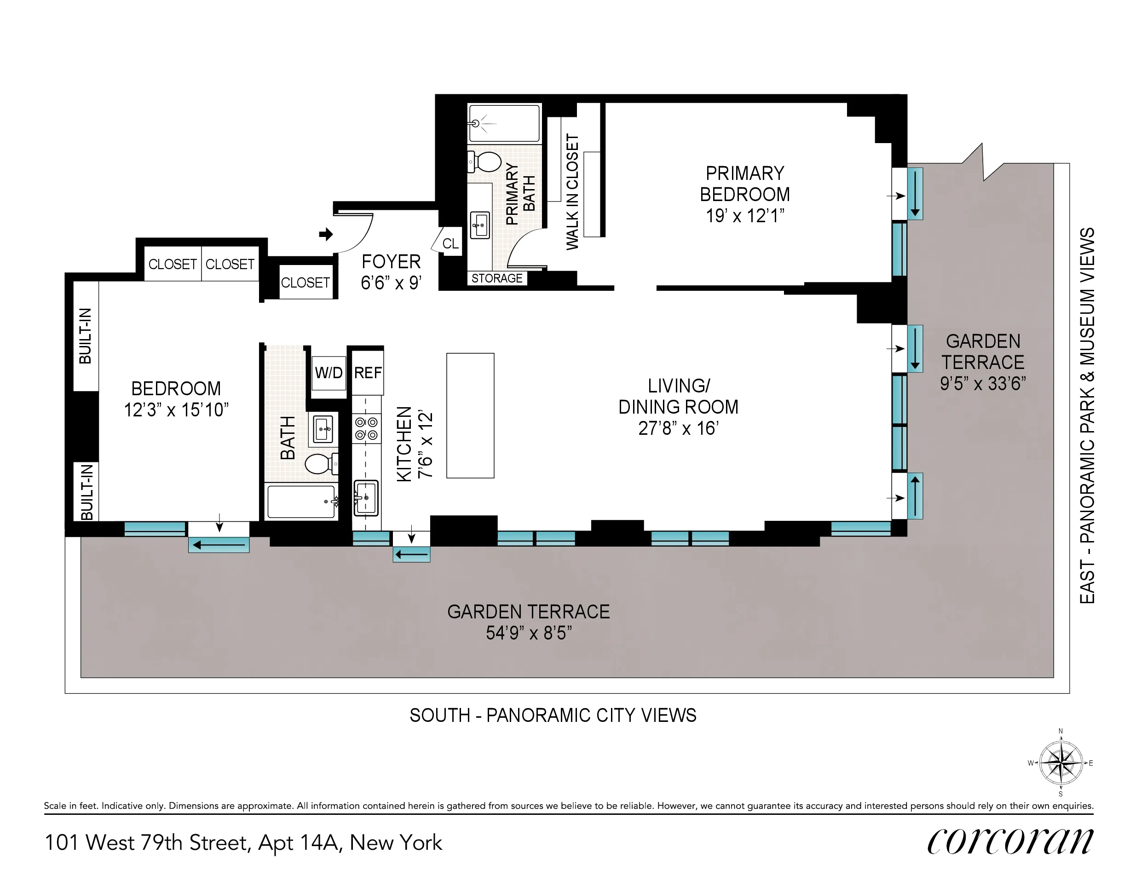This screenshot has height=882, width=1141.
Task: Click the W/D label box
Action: click(x=328, y=373)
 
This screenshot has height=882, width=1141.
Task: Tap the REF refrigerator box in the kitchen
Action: click(x=368, y=373)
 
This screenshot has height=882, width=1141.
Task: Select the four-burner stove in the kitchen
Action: click(x=366, y=428)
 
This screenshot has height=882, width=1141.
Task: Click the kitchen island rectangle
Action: click(x=470, y=415)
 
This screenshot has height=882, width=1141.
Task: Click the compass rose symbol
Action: click(x=1060, y=763)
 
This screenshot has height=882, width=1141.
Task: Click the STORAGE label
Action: click(x=497, y=278)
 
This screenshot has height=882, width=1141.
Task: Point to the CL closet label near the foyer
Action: click(x=450, y=244)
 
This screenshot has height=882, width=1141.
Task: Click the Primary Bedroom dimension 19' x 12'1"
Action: click(x=745, y=216)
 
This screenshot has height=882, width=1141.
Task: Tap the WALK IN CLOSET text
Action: click(x=573, y=192)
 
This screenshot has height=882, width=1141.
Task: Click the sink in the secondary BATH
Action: click(x=323, y=429)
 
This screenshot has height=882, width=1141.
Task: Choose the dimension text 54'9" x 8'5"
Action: click(x=529, y=633)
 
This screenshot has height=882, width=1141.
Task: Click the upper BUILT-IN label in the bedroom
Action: click(x=85, y=336)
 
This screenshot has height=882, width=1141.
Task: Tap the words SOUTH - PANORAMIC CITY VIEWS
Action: click(x=553, y=715)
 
